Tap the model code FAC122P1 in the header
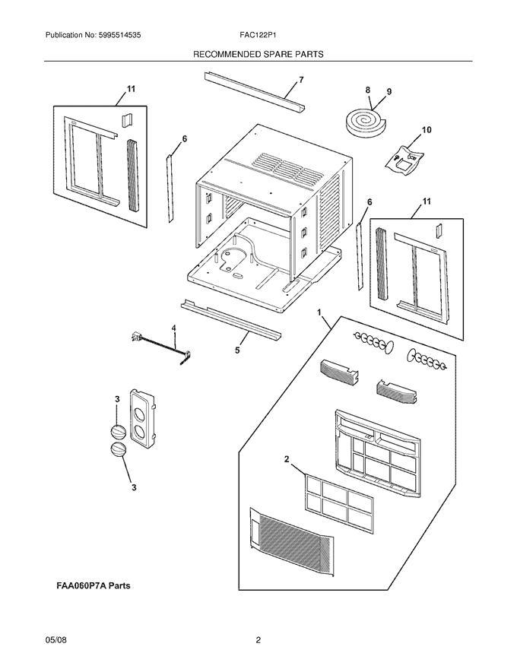(x=258, y=36)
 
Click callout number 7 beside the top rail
(x=301, y=80)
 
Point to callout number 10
(x=426, y=130)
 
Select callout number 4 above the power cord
(x=173, y=328)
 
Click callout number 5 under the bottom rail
(x=237, y=350)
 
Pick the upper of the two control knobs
(x=118, y=432)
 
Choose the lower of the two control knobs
(x=119, y=451)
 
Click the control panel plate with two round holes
(x=143, y=419)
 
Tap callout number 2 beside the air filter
(x=287, y=459)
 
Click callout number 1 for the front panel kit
(x=319, y=312)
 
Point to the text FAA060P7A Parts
(x=94, y=586)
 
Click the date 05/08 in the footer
(x=56, y=640)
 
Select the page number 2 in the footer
(x=258, y=640)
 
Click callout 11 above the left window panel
(x=131, y=89)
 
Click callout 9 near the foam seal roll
(x=389, y=92)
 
